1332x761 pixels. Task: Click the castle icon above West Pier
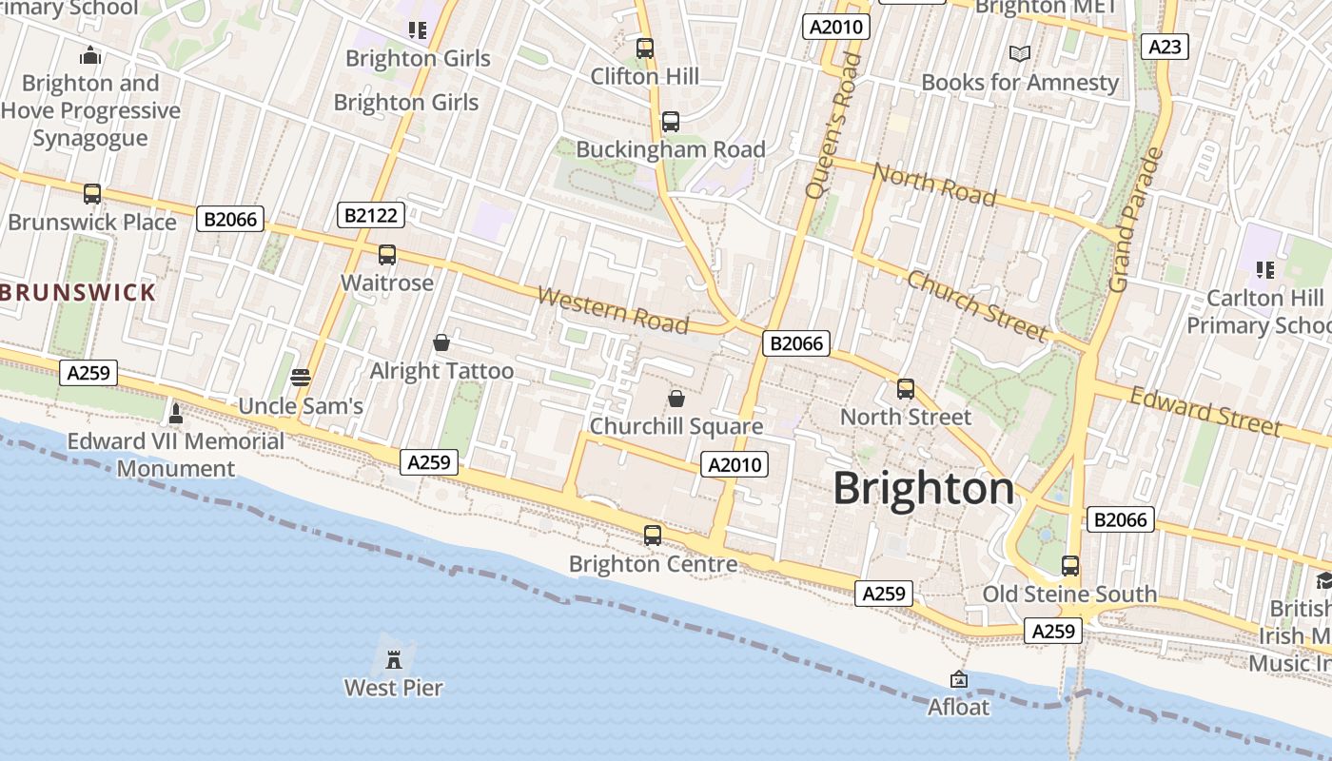point(393,658)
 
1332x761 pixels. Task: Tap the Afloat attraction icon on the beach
point(959,679)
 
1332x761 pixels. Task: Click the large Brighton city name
point(924,489)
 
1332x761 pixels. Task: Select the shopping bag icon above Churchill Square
point(676,398)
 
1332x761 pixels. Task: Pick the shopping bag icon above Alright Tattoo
point(441,342)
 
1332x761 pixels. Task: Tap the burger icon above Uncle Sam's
point(301,378)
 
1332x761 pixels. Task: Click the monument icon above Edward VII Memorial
point(175,413)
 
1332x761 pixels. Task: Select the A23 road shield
point(1165,47)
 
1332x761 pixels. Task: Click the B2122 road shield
point(371,216)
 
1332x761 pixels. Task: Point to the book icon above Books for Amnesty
point(1020,54)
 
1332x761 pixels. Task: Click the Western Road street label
point(613,310)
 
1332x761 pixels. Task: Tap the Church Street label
point(977,305)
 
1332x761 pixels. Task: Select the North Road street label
point(934,185)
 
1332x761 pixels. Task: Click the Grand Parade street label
point(1136,221)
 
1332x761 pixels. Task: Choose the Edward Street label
point(1205,412)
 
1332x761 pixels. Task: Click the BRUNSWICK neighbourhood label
point(78,292)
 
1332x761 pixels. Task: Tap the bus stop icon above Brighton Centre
point(652,536)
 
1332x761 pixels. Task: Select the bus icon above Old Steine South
point(1070,566)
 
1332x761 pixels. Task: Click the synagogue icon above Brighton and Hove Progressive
point(90,56)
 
